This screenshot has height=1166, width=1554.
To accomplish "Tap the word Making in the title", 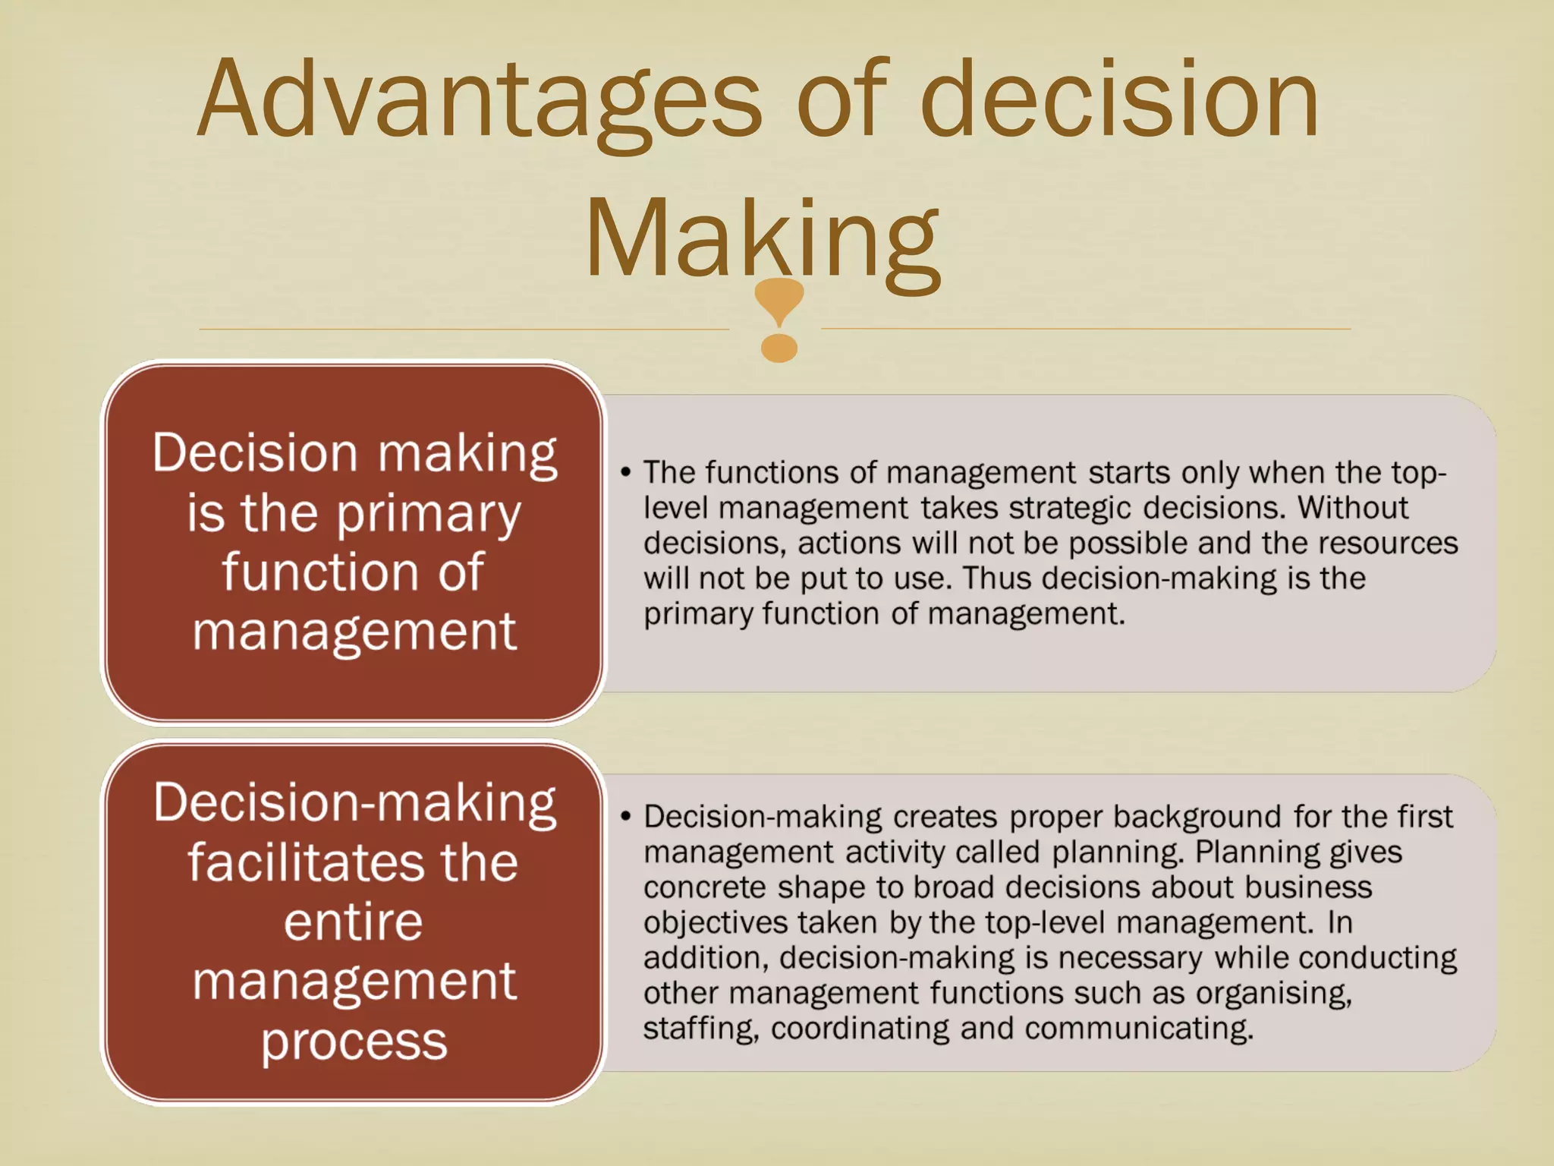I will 762,239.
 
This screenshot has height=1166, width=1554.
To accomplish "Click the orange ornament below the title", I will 779,319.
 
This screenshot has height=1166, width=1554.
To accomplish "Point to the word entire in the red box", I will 353,922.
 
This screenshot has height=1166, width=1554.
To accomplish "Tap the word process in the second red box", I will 354,1042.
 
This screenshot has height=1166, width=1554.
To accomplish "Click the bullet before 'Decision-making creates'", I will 625,817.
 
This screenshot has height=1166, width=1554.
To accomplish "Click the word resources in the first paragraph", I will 1388,543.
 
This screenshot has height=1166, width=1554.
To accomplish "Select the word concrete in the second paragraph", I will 705,887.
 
